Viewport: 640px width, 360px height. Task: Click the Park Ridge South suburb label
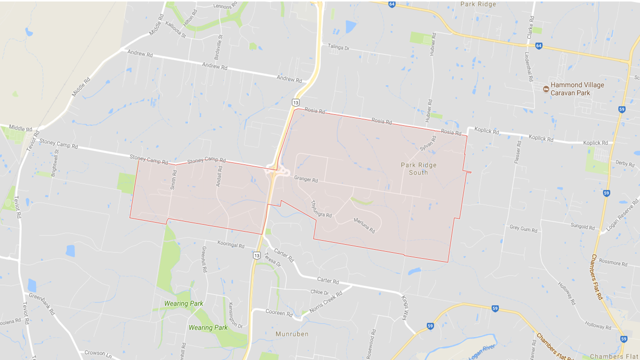418,168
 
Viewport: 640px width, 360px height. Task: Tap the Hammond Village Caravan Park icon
545,89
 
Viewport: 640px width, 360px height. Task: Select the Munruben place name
291,333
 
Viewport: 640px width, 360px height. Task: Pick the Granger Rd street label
306,178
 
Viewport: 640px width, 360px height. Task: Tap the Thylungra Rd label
321,208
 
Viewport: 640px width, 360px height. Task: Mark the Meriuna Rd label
364,225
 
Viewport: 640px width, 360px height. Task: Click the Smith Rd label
173,180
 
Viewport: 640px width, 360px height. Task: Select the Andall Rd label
218,176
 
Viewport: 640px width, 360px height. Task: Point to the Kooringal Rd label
231,245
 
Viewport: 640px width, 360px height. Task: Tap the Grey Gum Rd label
523,229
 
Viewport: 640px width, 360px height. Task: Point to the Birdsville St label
218,36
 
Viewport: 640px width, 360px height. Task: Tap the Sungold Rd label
583,226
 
